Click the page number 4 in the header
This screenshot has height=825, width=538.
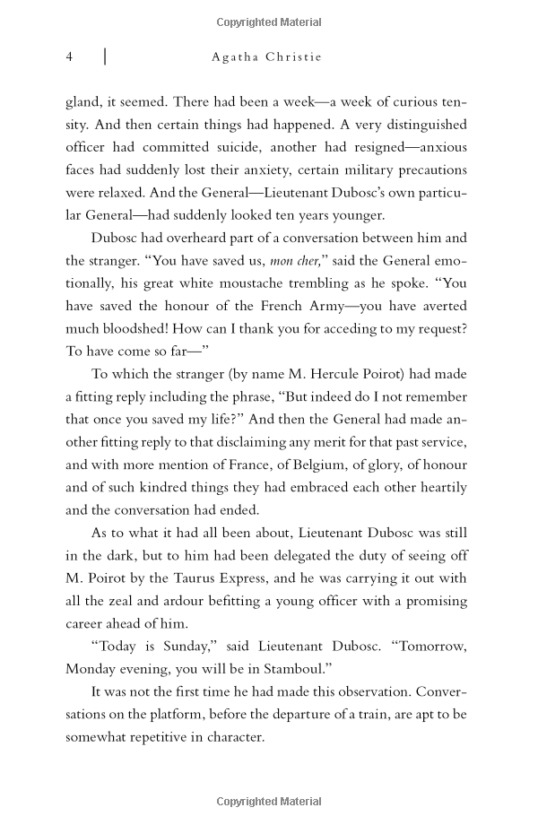click(69, 56)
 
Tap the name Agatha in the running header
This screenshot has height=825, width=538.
click(236, 56)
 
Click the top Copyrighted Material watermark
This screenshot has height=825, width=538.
click(269, 22)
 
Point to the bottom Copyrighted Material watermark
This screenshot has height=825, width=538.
click(269, 800)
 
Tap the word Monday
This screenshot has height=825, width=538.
click(92, 669)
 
